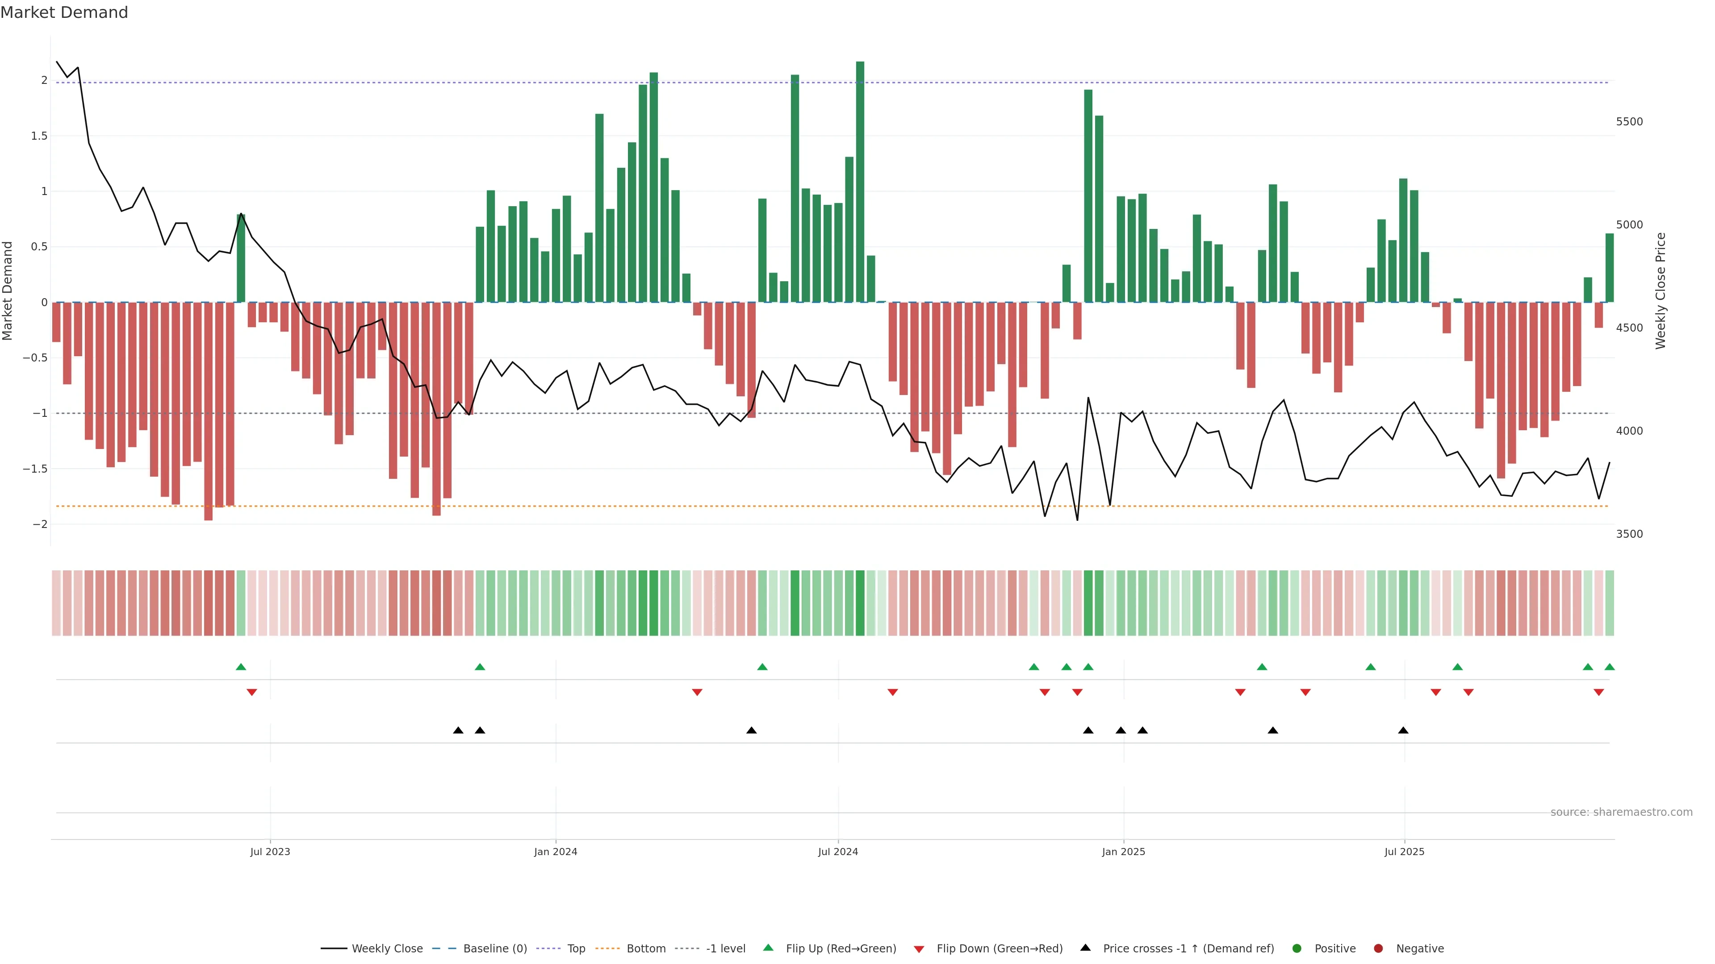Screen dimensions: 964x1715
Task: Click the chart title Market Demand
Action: pos(64,12)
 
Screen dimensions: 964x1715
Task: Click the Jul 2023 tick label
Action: pos(270,852)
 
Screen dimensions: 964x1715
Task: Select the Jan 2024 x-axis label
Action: pos(555,852)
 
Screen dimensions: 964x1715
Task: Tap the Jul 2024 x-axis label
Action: pos(837,852)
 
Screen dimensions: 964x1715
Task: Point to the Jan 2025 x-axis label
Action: pos(1123,852)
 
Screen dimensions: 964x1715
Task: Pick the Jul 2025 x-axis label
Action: pos(1404,852)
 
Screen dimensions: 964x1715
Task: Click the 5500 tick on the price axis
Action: pos(1629,122)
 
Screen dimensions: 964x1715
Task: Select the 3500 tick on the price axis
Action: pos(1629,534)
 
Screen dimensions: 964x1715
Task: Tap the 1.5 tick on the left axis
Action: pos(39,136)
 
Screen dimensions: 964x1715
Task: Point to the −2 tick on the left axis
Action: pos(39,524)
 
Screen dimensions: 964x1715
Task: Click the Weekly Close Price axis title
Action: pos(1661,291)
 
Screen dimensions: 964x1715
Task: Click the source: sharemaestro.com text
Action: pos(1621,812)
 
